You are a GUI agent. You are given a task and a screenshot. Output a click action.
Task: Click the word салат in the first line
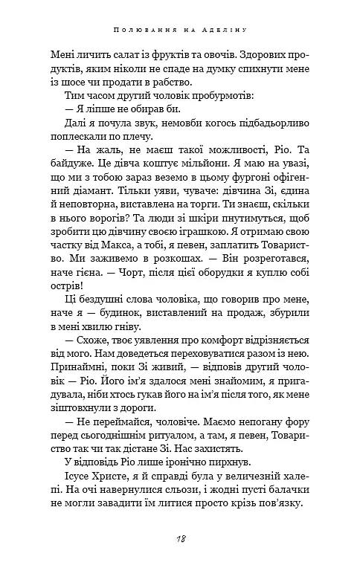tap(101, 54)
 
